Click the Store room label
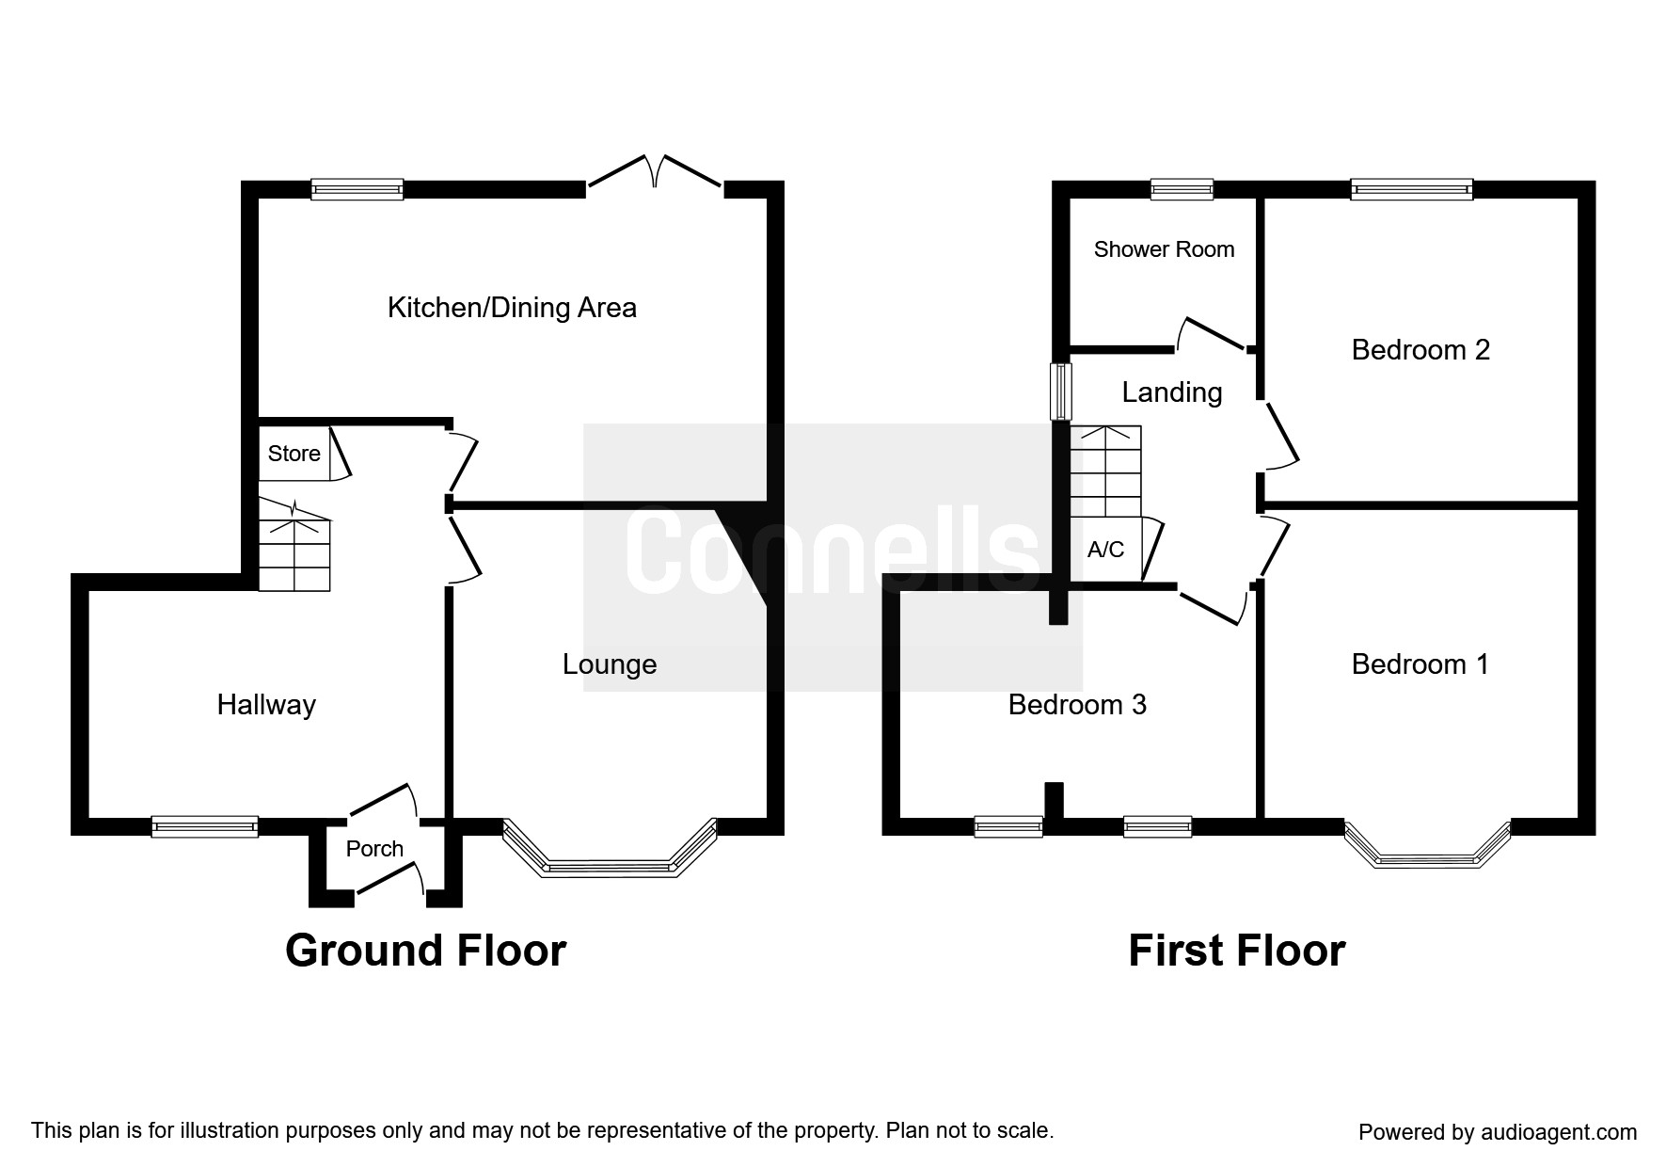(x=294, y=454)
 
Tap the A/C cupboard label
(x=1105, y=550)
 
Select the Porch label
(x=374, y=849)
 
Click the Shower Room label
(x=1164, y=249)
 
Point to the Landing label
(x=1171, y=392)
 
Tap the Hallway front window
(x=205, y=826)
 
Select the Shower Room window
(x=1182, y=189)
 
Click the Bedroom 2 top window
(x=1411, y=189)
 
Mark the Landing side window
(x=1061, y=392)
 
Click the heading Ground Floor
(x=425, y=951)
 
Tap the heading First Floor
(x=1236, y=951)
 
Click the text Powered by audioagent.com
(x=1497, y=1132)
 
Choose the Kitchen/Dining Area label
(x=512, y=308)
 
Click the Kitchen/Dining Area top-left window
(x=357, y=189)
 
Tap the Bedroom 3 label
(x=1077, y=705)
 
